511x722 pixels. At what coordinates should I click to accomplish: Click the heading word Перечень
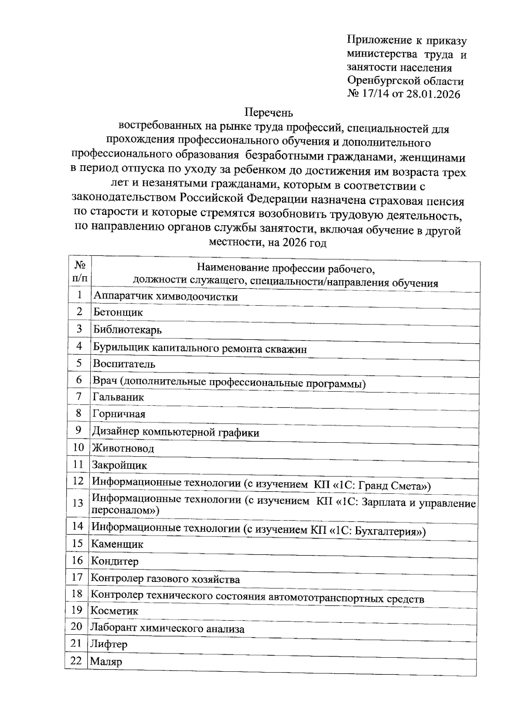pyautogui.click(x=269, y=113)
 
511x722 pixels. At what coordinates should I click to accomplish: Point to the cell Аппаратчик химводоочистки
pyautogui.click(x=166, y=297)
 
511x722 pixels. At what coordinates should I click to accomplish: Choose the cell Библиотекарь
pyautogui.click(x=127, y=329)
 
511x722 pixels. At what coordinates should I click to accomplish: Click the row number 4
pyautogui.click(x=79, y=346)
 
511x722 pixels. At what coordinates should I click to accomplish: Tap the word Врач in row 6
pyautogui.click(x=105, y=381)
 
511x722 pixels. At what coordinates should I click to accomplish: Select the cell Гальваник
pyautogui.click(x=118, y=397)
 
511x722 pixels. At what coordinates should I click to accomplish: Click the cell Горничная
pyautogui.click(x=119, y=414)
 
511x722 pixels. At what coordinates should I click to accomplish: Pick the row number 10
pyautogui.click(x=78, y=447)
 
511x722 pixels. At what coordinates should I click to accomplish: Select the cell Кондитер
pyautogui.click(x=115, y=562)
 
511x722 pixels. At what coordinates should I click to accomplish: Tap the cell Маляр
pyautogui.click(x=106, y=662)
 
